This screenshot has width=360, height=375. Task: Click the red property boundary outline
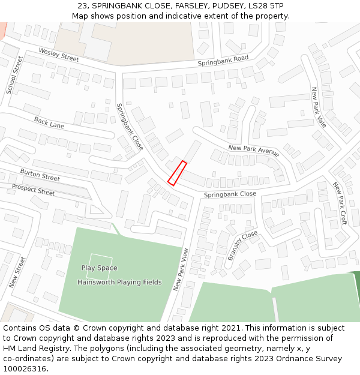point(177,173)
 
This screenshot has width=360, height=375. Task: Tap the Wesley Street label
point(59,55)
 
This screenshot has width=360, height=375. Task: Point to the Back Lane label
point(49,122)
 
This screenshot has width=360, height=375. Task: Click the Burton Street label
point(40,175)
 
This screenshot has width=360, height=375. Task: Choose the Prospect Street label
point(33,190)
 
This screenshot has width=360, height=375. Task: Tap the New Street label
point(17,271)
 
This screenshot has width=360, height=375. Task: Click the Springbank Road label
point(223,61)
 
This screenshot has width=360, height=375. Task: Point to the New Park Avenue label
point(253,150)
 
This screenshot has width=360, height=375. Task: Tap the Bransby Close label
point(242,245)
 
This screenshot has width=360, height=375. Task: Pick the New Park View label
point(181,269)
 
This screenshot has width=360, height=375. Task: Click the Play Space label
point(100,268)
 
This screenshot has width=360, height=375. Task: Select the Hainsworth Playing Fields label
point(119,282)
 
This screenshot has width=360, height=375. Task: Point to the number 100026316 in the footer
point(25,369)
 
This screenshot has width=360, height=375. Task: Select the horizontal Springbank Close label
point(230,194)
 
